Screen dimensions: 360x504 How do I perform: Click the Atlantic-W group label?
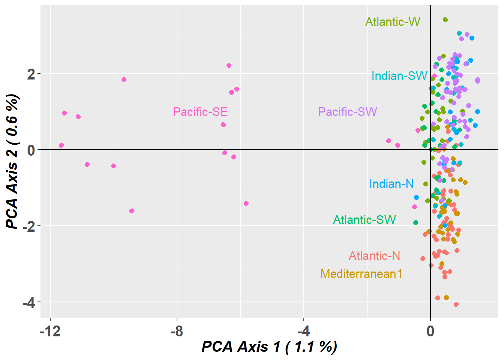(393, 22)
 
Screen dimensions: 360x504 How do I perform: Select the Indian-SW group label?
(399, 76)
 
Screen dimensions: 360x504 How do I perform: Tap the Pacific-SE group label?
(200, 112)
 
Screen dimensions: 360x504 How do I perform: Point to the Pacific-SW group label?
(348, 112)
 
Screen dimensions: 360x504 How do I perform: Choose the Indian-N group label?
(391, 184)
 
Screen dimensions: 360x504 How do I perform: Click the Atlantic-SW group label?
(364, 220)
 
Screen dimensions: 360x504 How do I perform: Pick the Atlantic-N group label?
(375, 256)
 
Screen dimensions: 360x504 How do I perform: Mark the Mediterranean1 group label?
(361, 274)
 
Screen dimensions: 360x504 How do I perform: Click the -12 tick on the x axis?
(50, 331)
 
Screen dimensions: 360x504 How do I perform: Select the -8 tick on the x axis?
(177, 331)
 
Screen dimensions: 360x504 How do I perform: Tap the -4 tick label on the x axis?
(303, 331)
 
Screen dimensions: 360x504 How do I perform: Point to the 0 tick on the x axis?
(430, 331)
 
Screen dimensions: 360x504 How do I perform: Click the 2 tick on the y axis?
(31, 74)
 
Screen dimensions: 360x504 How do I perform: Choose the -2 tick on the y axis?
(29, 226)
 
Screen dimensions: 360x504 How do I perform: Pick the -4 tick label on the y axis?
(29, 302)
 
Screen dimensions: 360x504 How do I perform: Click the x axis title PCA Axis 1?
(269, 346)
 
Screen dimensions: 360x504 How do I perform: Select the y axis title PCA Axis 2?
(13, 161)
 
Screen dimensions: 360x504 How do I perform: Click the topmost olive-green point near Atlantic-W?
(445, 19)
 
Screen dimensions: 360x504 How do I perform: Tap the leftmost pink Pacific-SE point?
(61, 145)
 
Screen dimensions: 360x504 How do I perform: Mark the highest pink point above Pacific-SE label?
(229, 65)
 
